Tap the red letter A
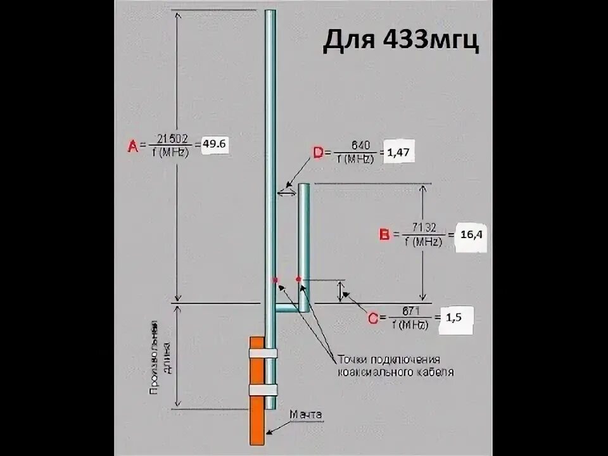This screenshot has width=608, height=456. click(x=133, y=146)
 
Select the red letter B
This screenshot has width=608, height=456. click(x=384, y=235)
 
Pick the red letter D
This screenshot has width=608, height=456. click(x=319, y=153)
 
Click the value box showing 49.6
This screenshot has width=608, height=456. click(x=214, y=145)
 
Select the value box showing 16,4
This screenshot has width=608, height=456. click(x=471, y=235)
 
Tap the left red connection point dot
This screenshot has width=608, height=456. click(x=275, y=279)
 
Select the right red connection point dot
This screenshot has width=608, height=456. click(x=298, y=279)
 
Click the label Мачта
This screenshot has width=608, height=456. click(x=306, y=415)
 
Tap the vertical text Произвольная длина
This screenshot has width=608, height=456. click(x=160, y=358)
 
